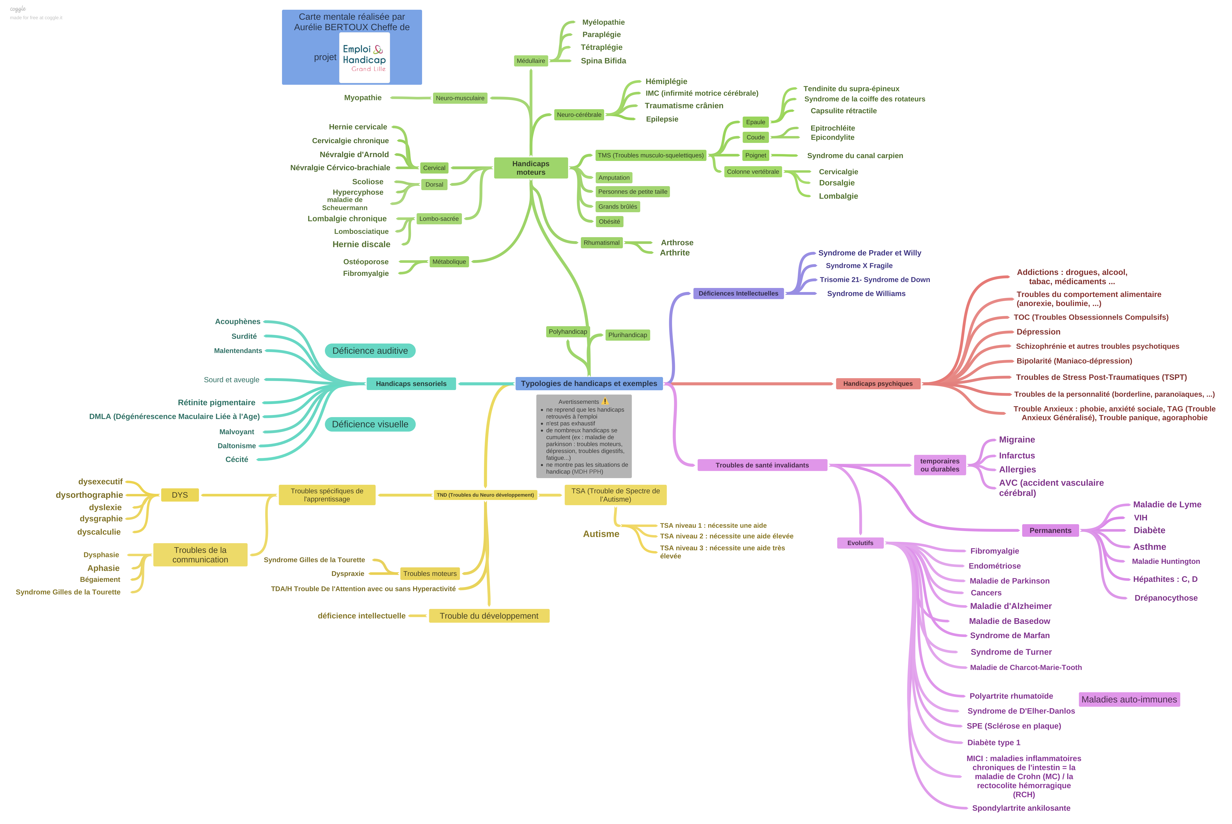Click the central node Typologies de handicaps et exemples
(589, 384)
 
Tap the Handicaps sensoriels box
(411, 384)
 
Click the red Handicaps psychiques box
(878, 384)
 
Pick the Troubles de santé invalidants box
(762, 465)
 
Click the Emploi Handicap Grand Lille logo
(364, 58)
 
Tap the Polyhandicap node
(568, 332)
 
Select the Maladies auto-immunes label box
(1129, 699)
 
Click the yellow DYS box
(180, 495)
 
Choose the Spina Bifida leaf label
(603, 61)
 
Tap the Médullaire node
(531, 61)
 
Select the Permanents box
(1050, 531)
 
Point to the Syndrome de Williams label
(866, 294)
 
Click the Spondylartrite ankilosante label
(1021, 808)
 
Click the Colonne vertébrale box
(753, 172)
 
